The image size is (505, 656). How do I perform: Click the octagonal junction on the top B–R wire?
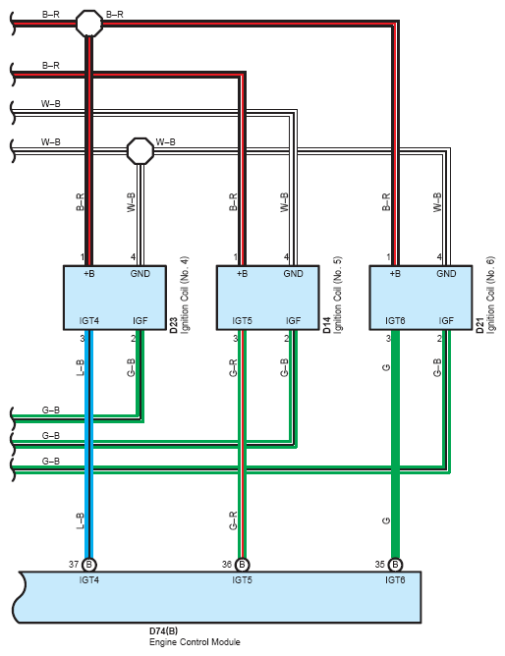[89, 24]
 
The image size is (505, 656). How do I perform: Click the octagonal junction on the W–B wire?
[140, 150]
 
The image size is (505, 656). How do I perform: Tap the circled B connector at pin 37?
[88, 565]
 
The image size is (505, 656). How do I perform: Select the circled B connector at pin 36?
[242, 565]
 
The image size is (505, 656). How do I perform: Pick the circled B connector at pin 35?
[395, 565]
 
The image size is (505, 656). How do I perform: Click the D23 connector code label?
[174, 325]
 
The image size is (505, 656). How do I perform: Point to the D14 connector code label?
[327, 325]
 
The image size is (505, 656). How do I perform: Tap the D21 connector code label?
[480, 325]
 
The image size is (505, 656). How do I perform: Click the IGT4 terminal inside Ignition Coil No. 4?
[89, 321]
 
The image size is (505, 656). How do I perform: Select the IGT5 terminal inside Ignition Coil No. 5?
[243, 321]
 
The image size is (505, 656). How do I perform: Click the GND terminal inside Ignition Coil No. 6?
[446, 274]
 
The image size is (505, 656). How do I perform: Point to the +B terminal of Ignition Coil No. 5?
[243, 274]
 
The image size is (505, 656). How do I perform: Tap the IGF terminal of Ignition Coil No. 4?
[140, 321]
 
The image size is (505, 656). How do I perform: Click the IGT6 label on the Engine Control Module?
[395, 580]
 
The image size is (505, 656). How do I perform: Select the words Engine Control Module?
[195, 642]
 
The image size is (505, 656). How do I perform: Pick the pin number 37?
[74, 565]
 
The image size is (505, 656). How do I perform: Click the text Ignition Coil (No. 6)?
[491, 295]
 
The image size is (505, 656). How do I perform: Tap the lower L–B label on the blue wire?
[80, 520]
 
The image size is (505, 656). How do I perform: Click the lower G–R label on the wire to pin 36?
[233, 520]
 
